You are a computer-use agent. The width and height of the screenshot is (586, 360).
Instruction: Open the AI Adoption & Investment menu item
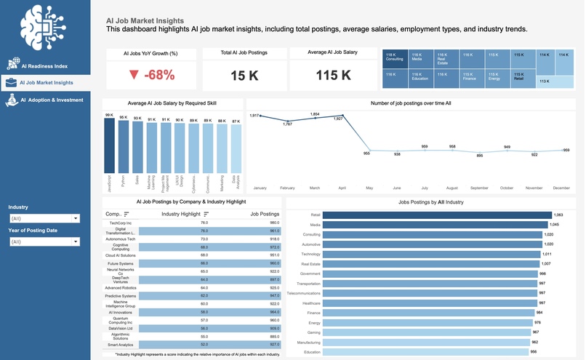point(51,100)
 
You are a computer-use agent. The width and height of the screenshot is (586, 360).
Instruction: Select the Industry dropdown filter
point(44,218)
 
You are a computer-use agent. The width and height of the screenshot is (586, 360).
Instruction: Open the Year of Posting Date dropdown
point(44,241)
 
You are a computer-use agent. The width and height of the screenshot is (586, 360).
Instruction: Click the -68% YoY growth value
point(152,75)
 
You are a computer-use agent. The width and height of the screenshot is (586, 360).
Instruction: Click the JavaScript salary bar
point(109,144)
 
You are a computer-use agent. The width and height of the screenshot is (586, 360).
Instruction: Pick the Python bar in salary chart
point(124,145)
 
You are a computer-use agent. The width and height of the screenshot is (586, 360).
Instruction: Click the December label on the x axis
point(561,188)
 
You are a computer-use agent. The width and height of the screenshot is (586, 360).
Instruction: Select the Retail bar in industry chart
point(436,215)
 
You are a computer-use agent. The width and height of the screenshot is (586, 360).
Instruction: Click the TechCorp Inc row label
point(119,223)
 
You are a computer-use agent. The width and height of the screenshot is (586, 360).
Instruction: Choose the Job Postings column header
point(264,214)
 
